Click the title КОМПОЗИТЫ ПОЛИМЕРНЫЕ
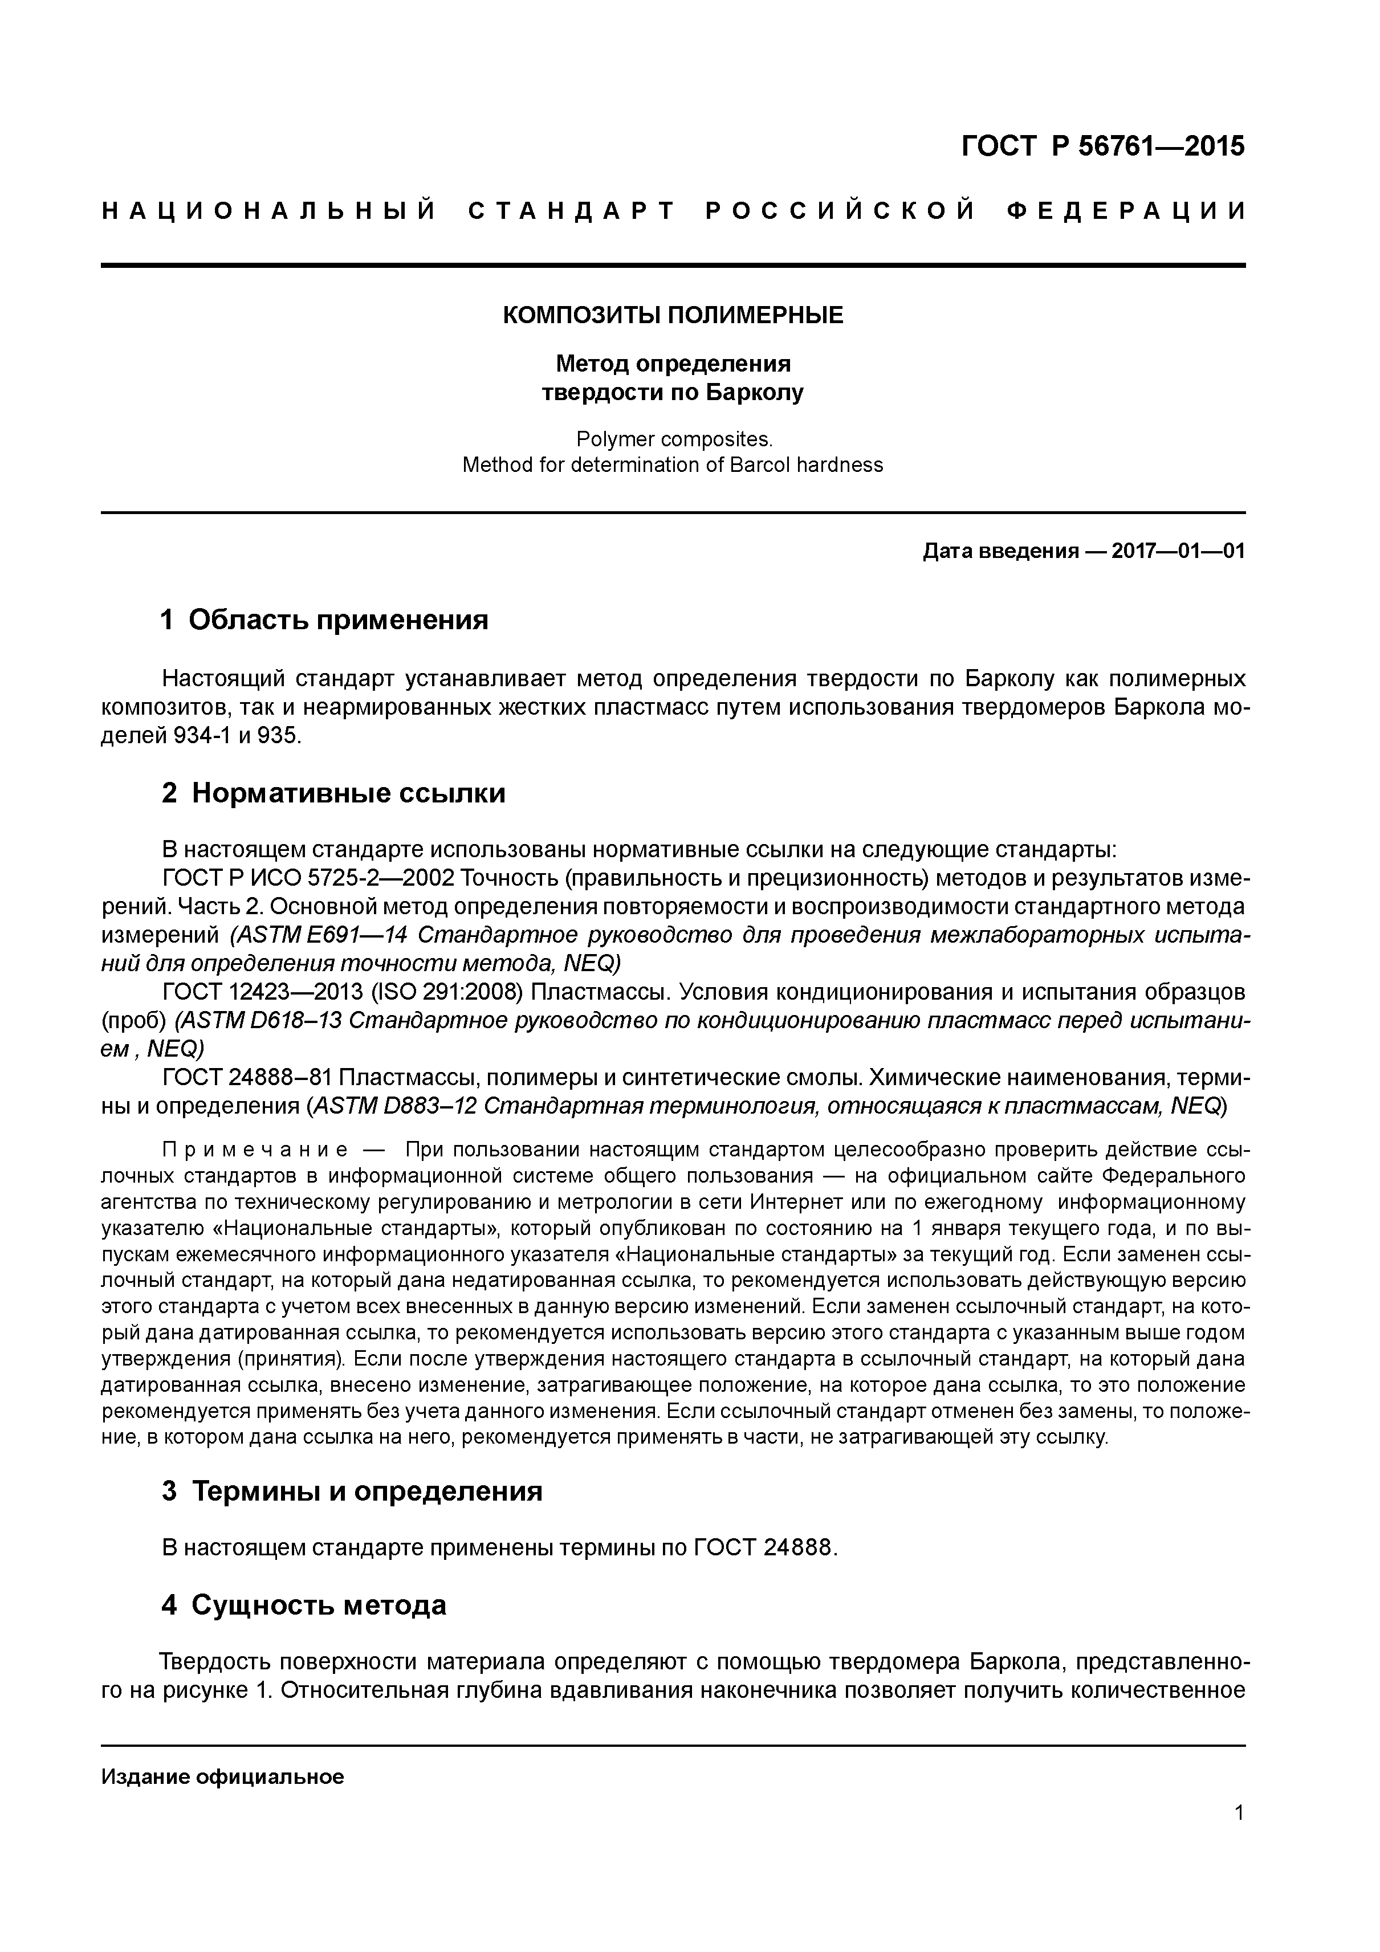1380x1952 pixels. (x=673, y=315)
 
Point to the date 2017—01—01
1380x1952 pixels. (x=1178, y=551)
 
